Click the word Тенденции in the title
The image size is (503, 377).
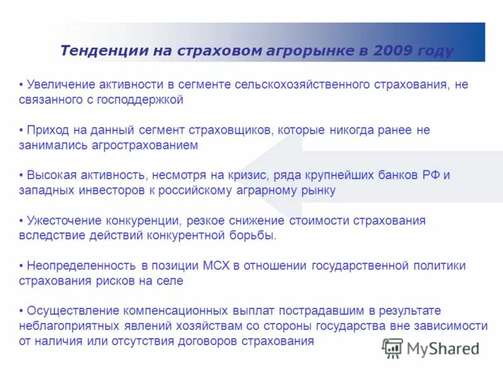(104, 51)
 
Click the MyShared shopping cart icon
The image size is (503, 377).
(392, 347)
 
